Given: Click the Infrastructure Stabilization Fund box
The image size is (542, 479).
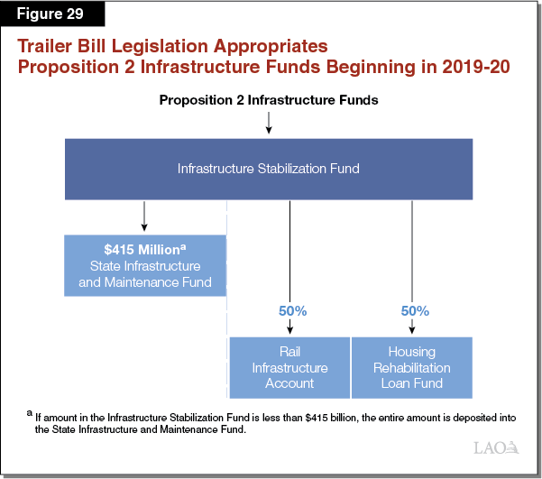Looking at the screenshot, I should click(x=268, y=169).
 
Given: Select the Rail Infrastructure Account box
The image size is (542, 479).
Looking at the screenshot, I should click(x=289, y=367).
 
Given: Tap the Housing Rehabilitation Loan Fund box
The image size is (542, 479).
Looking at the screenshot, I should click(x=411, y=367).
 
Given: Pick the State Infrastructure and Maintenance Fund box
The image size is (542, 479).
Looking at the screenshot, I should click(x=145, y=266).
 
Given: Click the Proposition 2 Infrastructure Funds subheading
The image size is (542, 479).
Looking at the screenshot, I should click(x=269, y=100).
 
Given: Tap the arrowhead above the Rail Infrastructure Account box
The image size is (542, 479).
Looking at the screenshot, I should click(x=290, y=327).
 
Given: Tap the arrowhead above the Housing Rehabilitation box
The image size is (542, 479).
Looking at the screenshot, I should click(x=412, y=327).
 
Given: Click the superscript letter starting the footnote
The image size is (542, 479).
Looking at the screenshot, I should click(x=30, y=414).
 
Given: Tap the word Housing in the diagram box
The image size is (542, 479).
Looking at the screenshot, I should click(x=411, y=352).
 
